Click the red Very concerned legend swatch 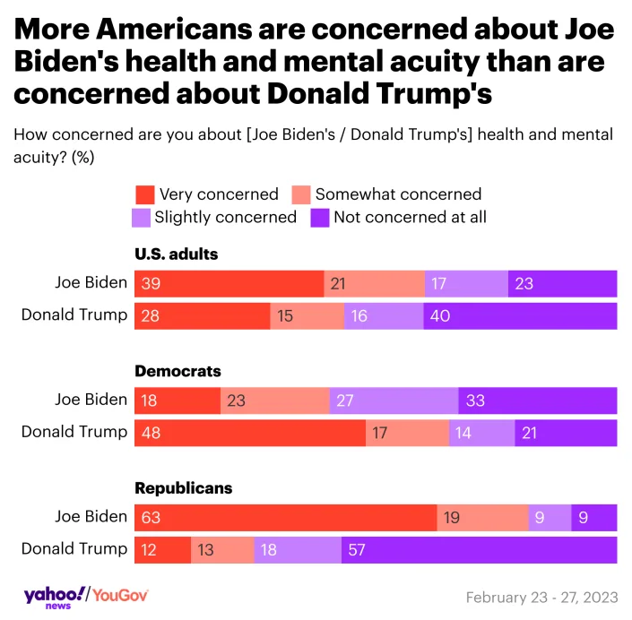point(144,194)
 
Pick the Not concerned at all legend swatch point(320,217)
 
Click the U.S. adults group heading point(176,254)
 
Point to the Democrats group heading point(177,371)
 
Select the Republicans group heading point(183,488)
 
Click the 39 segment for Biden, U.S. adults point(229,283)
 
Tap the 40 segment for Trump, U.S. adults point(520,315)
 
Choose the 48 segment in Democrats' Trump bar point(250,433)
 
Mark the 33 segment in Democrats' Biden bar point(537,400)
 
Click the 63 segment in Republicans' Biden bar point(286,518)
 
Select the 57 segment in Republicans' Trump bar point(479,549)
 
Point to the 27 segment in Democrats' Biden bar point(394,400)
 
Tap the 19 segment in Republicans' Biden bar point(482,518)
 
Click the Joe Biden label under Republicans point(91,517)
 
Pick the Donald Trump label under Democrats point(74,432)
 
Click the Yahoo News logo point(54,596)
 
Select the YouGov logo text point(120,596)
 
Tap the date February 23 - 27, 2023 point(541,598)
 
